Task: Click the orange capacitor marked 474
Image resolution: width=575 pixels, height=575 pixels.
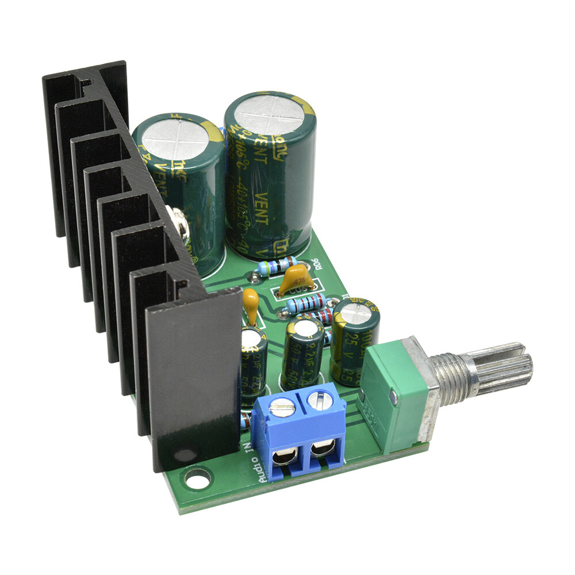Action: click(x=297, y=282)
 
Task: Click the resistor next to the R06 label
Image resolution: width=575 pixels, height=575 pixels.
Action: click(x=278, y=266)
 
